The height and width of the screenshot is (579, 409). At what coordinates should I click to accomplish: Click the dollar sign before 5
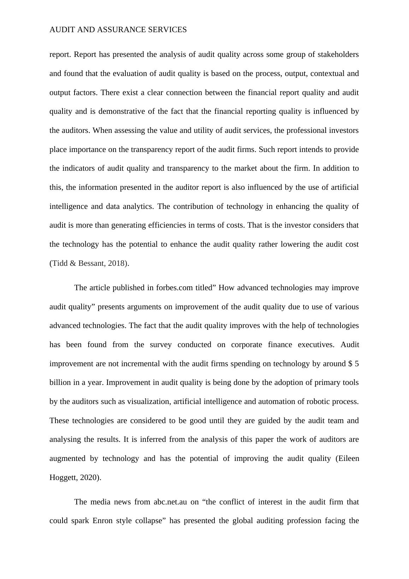[350, 364]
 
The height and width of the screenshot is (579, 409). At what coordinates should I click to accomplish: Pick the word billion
[60, 383]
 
